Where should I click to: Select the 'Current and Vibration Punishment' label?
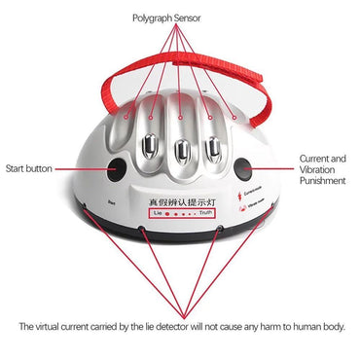(323, 167)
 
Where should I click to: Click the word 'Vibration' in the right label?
(323, 167)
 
